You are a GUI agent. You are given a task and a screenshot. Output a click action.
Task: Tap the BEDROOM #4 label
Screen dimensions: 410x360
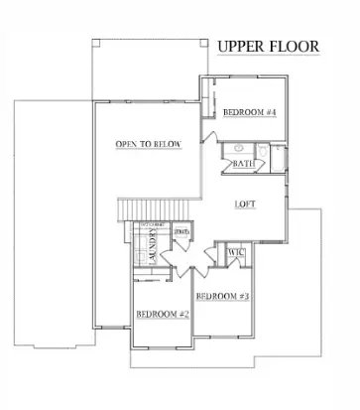[248, 112]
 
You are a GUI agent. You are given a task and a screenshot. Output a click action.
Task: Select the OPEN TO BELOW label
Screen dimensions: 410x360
[148, 145]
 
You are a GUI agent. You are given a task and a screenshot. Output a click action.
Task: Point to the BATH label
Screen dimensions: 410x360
[244, 164]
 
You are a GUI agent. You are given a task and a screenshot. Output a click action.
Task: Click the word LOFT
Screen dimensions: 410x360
[246, 205]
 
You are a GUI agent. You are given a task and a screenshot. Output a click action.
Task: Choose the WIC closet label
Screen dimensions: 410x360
[236, 253]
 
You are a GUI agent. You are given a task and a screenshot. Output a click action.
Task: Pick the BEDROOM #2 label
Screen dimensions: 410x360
[162, 314]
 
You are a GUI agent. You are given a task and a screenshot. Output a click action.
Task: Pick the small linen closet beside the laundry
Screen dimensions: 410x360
[182, 234]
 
